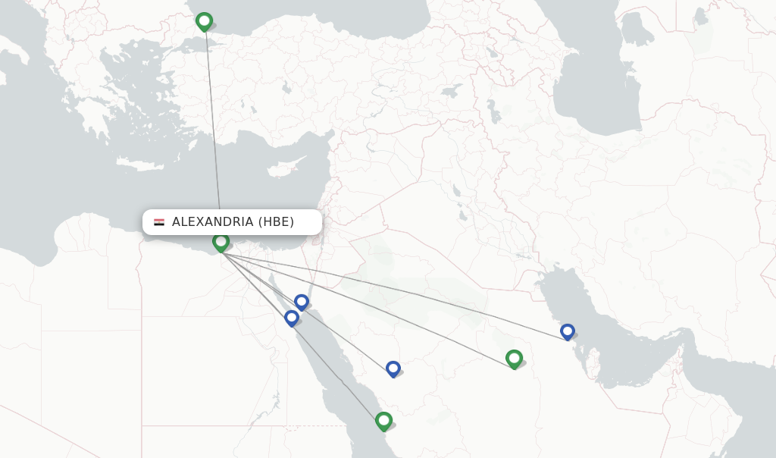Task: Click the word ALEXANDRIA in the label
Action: (x=212, y=222)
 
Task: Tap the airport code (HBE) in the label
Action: (x=276, y=222)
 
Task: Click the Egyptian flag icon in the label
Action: (x=159, y=222)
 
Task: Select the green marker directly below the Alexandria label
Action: (x=221, y=242)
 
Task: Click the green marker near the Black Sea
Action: (x=204, y=21)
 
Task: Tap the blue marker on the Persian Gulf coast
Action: (x=568, y=331)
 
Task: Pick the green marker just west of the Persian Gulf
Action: (x=514, y=358)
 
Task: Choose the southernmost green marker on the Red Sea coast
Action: (x=383, y=420)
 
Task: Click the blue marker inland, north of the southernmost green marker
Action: (x=393, y=369)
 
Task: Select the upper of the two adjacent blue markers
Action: (x=302, y=302)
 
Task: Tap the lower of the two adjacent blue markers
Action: (x=292, y=318)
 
